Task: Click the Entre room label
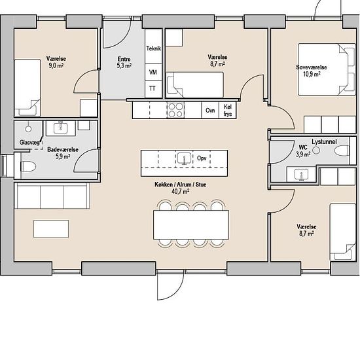point(124,59)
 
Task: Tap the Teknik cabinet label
point(154,48)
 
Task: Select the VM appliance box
point(154,72)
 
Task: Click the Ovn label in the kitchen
point(210,111)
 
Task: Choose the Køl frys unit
point(228,110)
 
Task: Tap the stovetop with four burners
point(175,110)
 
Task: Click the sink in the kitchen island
point(185,158)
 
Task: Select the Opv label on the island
point(202,158)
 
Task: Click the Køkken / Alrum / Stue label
point(181,185)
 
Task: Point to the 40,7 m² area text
point(181,191)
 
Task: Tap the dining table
point(191,225)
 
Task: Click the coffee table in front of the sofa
point(51,229)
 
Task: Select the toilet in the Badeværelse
point(28,166)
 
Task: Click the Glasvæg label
point(29,143)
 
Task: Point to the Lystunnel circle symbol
point(316,151)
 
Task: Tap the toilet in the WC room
point(342,151)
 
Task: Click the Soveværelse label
point(312,67)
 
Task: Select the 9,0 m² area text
point(56,65)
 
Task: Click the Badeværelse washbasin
point(61,128)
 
